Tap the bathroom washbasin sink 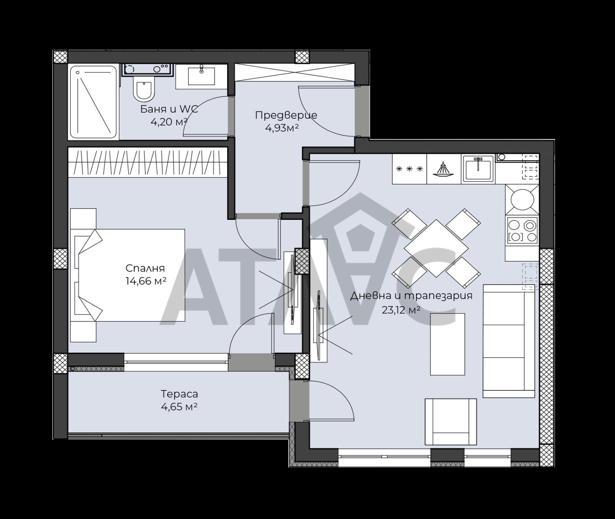[201, 76]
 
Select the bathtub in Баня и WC [93, 102]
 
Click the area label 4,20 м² [169, 122]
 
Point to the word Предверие [286, 115]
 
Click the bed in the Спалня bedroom [131, 275]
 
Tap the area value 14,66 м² [146, 281]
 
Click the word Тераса [179, 394]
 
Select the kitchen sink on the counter [478, 169]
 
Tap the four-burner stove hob [522, 230]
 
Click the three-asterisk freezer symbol [409, 169]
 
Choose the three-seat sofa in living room [509, 341]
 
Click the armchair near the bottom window [450, 422]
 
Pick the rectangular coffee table [447, 344]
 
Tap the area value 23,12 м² [401, 310]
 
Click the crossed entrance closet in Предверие [294, 72]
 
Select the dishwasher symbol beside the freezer [444, 169]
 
